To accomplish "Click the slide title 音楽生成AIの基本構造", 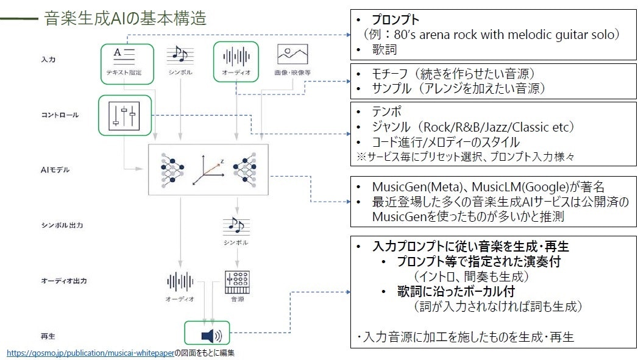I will [125, 18].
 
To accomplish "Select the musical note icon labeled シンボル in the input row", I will [180, 56].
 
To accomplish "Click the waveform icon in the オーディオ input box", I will [236, 57].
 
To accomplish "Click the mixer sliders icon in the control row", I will [124, 114].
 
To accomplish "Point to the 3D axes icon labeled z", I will [208, 171].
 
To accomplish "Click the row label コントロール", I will [60, 115].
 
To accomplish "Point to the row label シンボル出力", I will [62, 225].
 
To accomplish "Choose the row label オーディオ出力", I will [64, 281].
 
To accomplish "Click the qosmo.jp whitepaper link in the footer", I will [90, 353].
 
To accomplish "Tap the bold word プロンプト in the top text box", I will [397, 20].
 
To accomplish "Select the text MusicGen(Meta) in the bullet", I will [411, 186].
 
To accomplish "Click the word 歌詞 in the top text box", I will [384, 49].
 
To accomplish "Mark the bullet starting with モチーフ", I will [454, 74].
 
